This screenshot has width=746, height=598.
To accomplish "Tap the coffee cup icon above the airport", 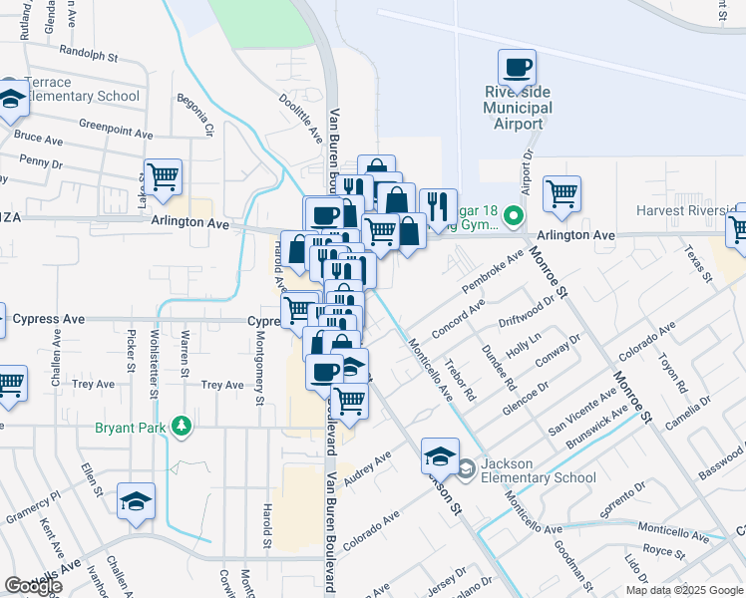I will [517, 68].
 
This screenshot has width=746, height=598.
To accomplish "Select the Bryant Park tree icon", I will [181, 429].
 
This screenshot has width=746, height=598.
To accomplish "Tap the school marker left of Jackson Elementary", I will [439, 455].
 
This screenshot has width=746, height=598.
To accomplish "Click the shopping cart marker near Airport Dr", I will [562, 193].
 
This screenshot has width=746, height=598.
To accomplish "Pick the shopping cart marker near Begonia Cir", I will [163, 177].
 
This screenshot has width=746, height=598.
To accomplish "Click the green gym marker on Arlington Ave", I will [513, 215].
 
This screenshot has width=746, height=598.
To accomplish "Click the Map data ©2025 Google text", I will [684, 590].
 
